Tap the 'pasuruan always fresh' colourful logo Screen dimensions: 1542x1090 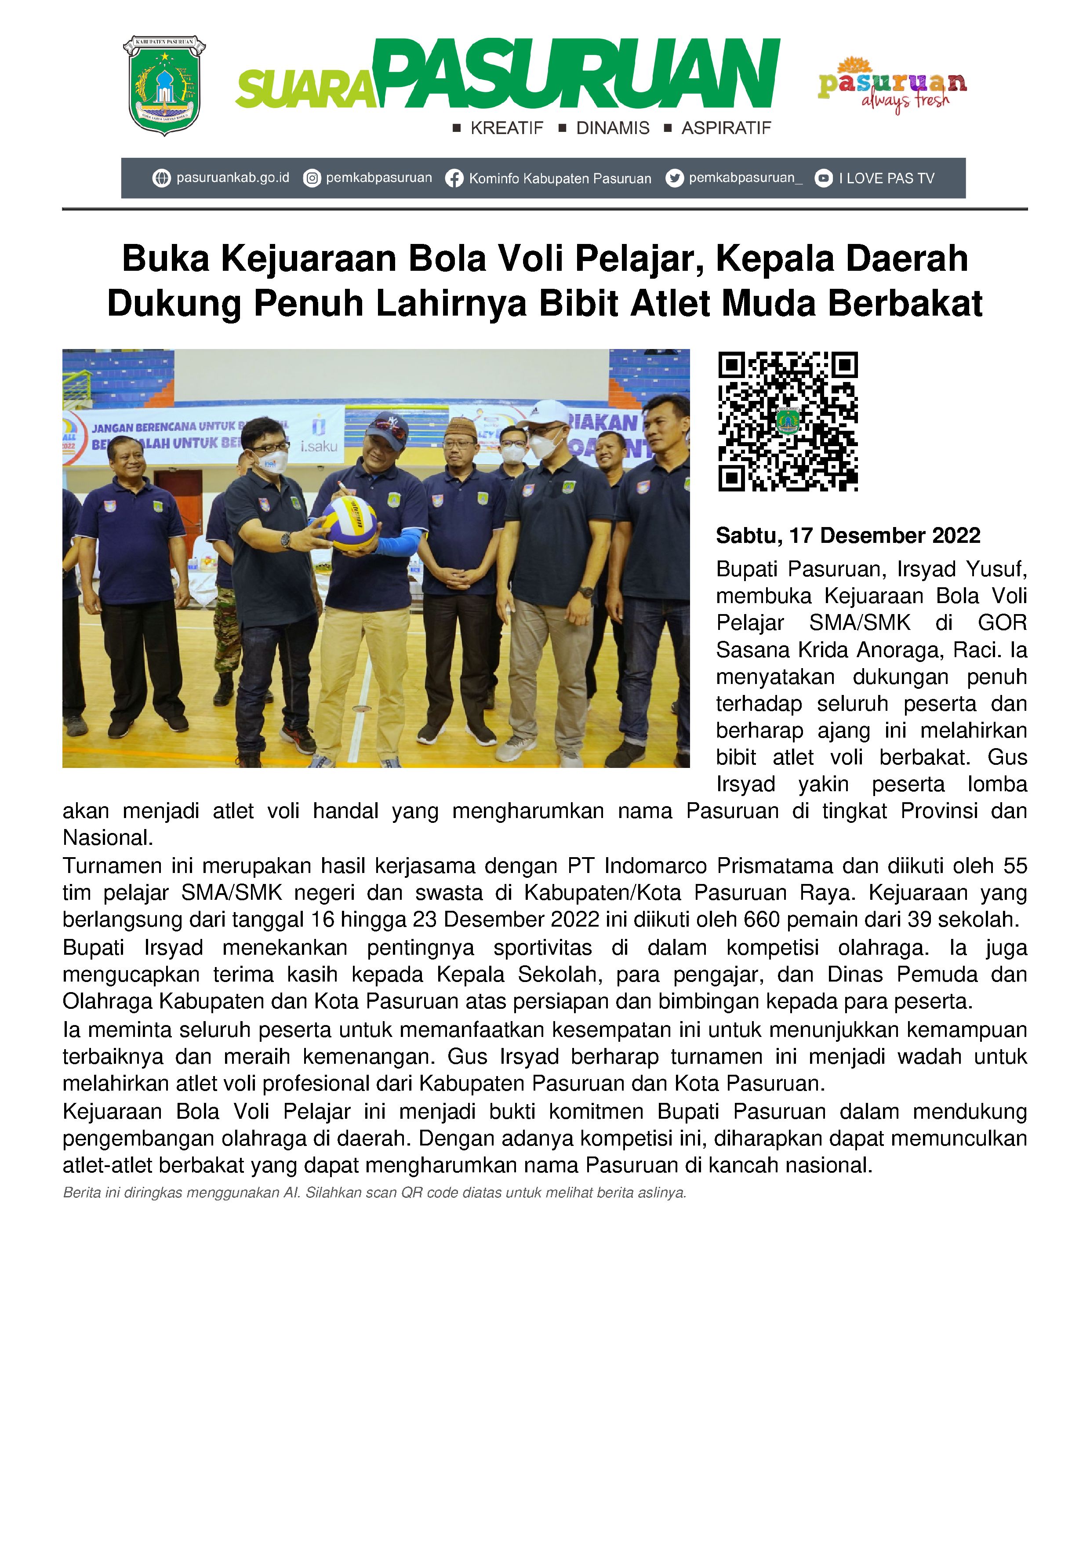(x=892, y=85)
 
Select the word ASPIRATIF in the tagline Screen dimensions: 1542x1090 (x=726, y=128)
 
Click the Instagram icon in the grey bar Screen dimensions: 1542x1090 (x=312, y=178)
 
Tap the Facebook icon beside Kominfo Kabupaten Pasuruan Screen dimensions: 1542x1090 (x=454, y=178)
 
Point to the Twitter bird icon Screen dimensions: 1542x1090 (x=674, y=178)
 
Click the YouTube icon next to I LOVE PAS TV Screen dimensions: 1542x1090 (x=823, y=178)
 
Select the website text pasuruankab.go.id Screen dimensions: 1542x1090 (x=233, y=178)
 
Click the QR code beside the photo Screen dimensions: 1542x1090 (x=788, y=421)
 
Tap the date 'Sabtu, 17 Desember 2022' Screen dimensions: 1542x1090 (x=847, y=536)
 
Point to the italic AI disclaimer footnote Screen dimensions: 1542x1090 (x=374, y=1193)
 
